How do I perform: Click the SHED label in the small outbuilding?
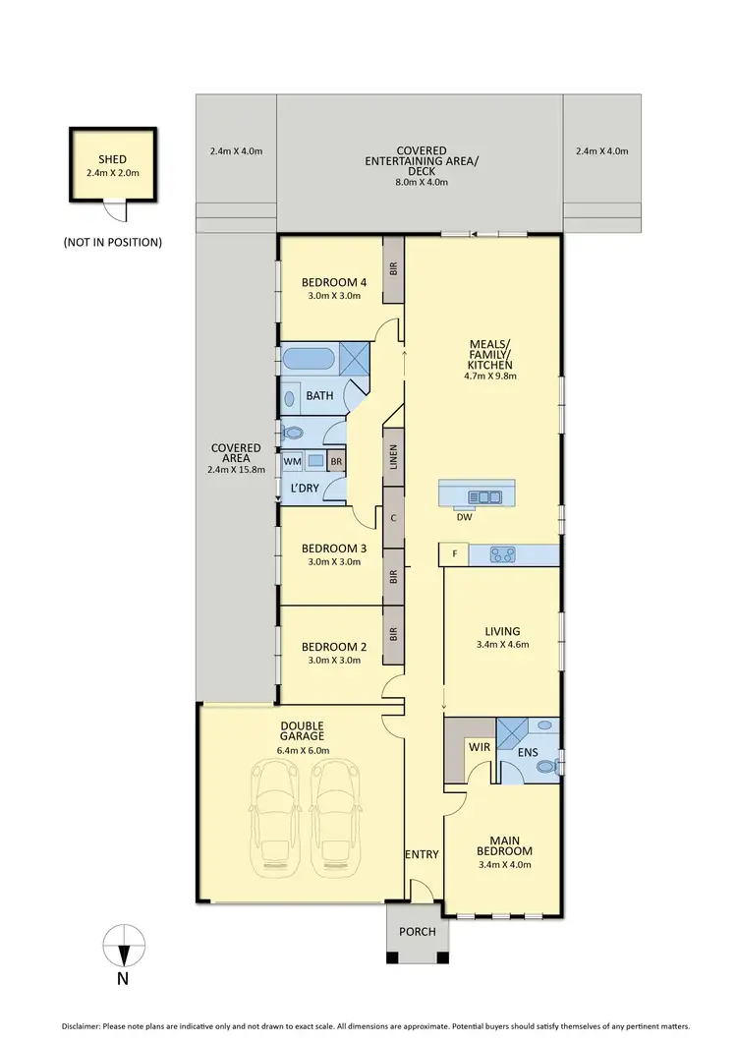click(112, 159)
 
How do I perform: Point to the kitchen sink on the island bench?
click(483, 495)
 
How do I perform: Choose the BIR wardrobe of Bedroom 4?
click(393, 266)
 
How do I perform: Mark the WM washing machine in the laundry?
click(292, 460)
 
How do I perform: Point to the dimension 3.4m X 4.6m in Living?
click(501, 645)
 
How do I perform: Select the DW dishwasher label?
click(464, 516)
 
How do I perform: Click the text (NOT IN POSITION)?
click(112, 241)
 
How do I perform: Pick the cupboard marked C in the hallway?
click(393, 518)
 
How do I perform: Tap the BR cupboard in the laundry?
click(336, 460)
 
